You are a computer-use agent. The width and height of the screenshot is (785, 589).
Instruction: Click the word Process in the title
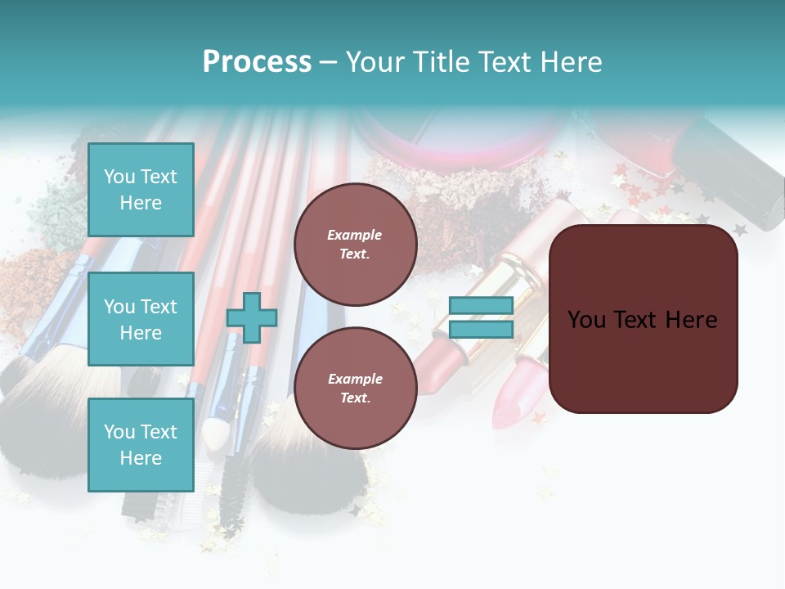point(257,62)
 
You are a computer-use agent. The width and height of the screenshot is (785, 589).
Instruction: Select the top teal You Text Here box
point(141,190)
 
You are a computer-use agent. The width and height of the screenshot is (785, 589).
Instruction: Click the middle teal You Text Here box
point(141,319)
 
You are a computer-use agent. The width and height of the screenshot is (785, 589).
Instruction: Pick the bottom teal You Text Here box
point(141,444)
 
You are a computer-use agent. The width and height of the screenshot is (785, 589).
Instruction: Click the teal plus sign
point(252,318)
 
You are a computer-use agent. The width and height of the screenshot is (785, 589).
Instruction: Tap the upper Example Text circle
point(355,244)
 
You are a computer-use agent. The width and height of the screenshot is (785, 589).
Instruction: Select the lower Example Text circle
point(355,388)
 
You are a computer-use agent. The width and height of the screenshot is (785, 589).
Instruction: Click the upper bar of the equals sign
point(481,306)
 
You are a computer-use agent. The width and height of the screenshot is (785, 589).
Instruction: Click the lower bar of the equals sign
point(481,329)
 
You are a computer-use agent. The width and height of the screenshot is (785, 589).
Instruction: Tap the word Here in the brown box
point(691,320)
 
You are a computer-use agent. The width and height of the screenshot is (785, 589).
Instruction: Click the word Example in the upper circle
point(355,235)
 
